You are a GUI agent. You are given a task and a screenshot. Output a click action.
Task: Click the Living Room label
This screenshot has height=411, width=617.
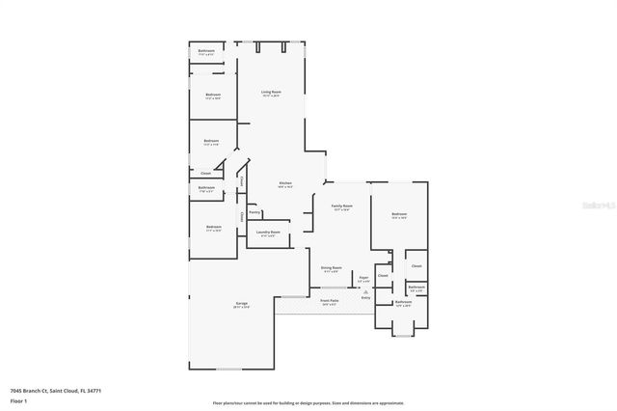(270, 92)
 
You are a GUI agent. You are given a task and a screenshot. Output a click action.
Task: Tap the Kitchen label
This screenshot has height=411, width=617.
(285, 183)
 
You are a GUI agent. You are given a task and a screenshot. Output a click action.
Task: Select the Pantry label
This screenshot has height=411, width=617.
(255, 212)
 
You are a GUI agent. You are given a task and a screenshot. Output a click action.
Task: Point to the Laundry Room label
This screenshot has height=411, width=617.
(268, 232)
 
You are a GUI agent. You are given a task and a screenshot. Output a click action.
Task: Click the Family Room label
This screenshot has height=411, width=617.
(342, 205)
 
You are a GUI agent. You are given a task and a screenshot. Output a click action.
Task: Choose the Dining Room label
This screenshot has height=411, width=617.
(331, 268)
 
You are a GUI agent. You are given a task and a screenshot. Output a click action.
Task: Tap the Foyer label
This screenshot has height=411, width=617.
(363, 278)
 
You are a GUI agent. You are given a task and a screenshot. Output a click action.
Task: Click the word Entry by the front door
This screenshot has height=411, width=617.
(365, 297)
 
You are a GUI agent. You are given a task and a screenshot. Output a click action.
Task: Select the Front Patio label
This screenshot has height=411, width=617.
(329, 300)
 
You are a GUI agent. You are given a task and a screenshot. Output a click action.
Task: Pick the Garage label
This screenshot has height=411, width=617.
(241, 304)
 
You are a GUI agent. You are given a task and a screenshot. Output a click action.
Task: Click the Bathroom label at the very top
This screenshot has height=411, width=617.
(206, 50)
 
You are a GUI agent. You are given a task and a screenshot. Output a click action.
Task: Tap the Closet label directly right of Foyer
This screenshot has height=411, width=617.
(383, 276)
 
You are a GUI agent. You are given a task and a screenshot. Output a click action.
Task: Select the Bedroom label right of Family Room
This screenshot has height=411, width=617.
(399, 213)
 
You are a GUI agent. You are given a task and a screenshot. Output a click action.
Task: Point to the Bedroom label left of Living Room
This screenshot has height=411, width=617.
(213, 95)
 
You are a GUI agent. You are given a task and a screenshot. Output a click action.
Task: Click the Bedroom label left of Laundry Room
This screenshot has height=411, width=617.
(213, 227)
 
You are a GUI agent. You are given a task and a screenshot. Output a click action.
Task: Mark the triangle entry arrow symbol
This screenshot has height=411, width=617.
(365, 290)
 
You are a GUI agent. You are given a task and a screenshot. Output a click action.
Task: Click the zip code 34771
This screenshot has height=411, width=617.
(94, 390)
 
